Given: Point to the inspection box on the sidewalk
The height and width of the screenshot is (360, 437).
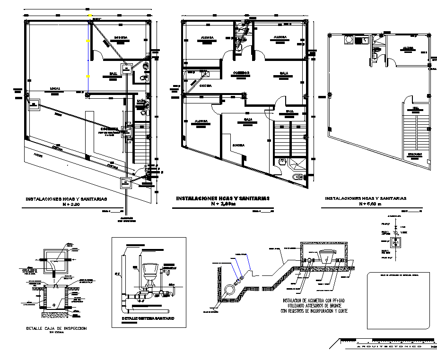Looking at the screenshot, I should [126, 182].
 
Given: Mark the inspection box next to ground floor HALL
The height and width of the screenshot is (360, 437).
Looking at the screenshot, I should [127, 69].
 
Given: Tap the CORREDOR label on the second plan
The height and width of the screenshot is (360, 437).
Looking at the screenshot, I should [240, 73].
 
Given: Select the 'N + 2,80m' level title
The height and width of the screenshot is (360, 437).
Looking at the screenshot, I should [222, 205].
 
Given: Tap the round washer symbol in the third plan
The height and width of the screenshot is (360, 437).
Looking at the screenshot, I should [349, 40].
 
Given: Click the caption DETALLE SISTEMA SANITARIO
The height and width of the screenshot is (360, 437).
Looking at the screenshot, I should [148, 319].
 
